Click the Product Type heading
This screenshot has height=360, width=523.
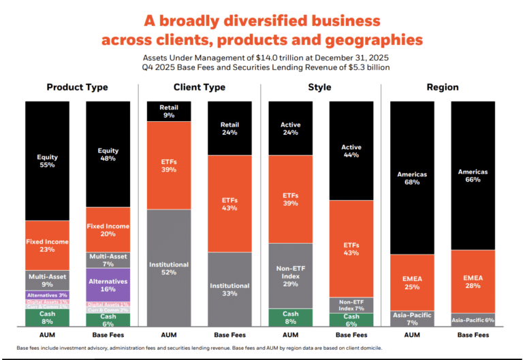click(x=77, y=88)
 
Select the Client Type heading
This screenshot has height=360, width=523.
click(x=200, y=88)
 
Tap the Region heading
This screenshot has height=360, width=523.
click(x=444, y=88)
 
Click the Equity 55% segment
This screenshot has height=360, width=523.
click(x=47, y=161)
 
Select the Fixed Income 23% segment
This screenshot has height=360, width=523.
click(x=47, y=246)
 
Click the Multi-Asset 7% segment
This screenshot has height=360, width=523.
click(x=108, y=259)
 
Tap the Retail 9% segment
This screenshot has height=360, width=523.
click(x=169, y=112)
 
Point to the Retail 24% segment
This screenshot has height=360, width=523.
click(x=229, y=129)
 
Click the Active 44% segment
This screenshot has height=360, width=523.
click(x=351, y=151)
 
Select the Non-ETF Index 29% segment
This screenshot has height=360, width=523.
click(x=290, y=276)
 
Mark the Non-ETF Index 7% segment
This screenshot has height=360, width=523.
click(x=351, y=305)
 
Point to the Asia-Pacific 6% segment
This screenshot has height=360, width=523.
click(x=472, y=320)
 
